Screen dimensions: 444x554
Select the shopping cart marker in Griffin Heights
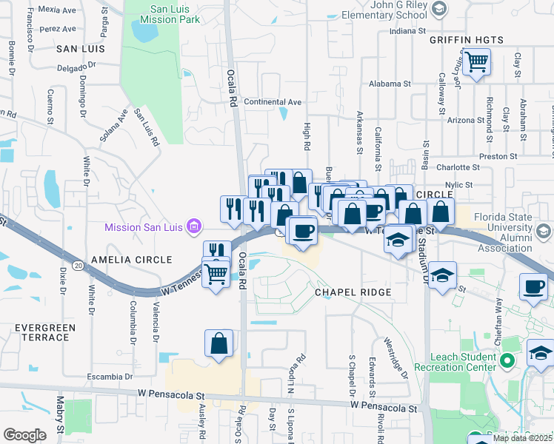pyautogui.click(x=476, y=61)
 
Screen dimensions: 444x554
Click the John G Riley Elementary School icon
pyautogui.click(x=439, y=8)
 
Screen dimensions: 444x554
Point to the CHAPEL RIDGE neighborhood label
pyautogui.click(x=353, y=292)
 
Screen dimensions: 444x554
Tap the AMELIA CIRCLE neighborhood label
pyautogui.click(x=131, y=260)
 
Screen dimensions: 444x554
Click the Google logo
pyautogui.click(x=24, y=435)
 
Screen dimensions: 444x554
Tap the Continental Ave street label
pyautogui.click(x=273, y=101)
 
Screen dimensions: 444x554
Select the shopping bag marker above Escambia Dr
pyautogui.click(x=219, y=343)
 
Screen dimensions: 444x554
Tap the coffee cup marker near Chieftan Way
pyautogui.click(x=534, y=286)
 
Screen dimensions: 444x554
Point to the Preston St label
pyautogui.click(x=498, y=156)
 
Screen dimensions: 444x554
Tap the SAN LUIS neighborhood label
pyautogui.click(x=80, y=48)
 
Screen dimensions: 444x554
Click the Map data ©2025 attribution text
pyautogui.click(x=522, y=438)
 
